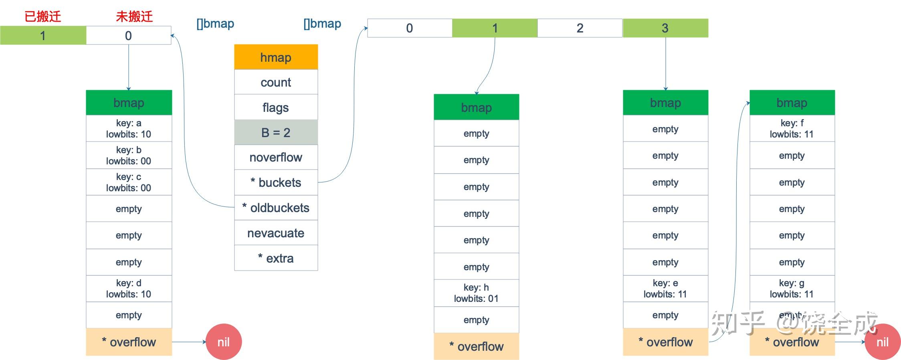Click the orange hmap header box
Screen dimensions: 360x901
click(x=276, y=57)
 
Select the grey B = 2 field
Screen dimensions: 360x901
click(x=276, y=132)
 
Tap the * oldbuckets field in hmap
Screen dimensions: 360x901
click(x=276, y=208)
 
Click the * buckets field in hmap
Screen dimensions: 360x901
click(x=276, y=182)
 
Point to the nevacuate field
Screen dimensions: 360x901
click(x=276, y=233)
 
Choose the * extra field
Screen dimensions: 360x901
click(x=276, y=258)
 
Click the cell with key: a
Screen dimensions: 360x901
click(x=129, y=128)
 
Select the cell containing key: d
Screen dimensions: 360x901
click(x=129, y=288)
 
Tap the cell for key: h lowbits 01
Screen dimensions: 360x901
click(x=476, y=293)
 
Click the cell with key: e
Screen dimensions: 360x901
click(x=665, y=288)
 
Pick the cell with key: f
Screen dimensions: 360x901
click(x=792, y=128)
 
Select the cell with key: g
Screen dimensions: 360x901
click(x=792, y=288)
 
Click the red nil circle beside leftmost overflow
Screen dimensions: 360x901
click(x=223, y=342)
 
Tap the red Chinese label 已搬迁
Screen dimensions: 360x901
click(x=42, y=16)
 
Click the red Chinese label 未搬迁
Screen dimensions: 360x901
click(x=134, y=16)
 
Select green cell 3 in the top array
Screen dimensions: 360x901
click(x=665, y=28)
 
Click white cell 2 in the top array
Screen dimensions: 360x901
click(x=580, y=28)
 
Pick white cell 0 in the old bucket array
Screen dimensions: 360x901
click(x=128, y=36)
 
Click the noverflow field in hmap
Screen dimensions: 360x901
click(x=276, y=157)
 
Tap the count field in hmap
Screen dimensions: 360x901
click(x=276, y=82)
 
